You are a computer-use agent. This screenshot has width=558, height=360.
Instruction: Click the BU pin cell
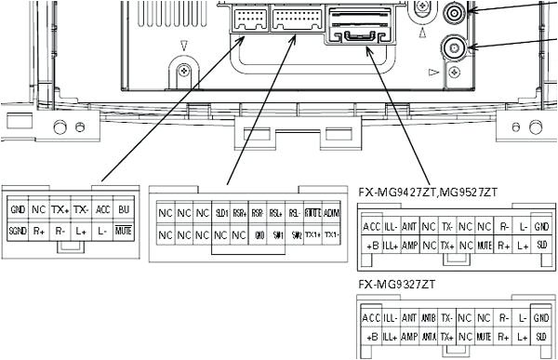[124, 210]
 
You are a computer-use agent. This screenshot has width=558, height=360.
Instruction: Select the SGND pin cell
[18, 228]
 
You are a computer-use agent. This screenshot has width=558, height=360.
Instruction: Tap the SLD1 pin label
[221, 213]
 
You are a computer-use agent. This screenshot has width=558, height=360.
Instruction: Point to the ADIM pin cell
[331, 213]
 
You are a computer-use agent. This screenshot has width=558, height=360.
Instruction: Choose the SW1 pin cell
[276, 234]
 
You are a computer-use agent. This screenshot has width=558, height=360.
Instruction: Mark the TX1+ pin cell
[312, 234]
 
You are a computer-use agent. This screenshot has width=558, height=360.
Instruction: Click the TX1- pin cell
[331, 234]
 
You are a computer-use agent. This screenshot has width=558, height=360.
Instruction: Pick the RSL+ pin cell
[276, 213]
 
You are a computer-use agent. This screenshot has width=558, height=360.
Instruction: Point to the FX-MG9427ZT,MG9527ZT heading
[428, 192]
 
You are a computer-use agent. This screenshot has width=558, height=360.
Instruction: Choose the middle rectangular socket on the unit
[293, 20]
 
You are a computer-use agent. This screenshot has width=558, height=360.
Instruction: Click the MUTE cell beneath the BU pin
[124, 228]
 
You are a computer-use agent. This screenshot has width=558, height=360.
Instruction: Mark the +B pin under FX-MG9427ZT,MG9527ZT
[371, 245]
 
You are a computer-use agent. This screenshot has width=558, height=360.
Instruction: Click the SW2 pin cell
[295, 234]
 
